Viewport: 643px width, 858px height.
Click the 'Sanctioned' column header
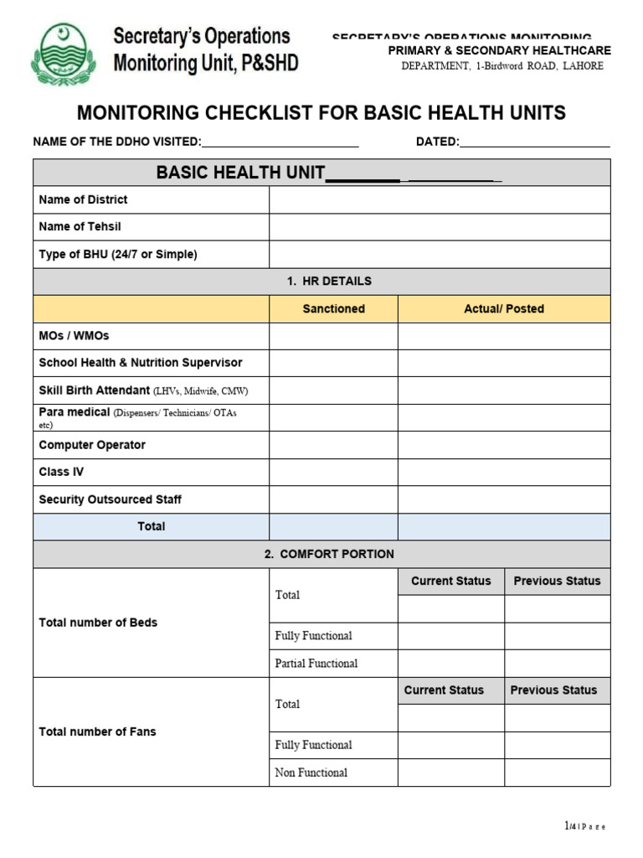pos(333,309)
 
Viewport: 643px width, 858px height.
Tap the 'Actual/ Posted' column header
pos(504,309)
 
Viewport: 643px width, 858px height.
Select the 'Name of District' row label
pos(84,199)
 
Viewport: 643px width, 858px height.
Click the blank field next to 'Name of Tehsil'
pos(440,227)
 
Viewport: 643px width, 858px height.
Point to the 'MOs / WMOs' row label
pos(75,336)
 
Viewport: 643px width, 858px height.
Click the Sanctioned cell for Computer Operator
pos(333,445)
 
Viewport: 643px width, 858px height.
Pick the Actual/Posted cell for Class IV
pos(504,473)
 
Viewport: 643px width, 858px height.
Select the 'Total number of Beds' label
pos(98,623)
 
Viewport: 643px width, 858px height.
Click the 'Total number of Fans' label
pos(97,731)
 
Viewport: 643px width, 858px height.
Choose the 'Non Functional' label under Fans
pos(311,773)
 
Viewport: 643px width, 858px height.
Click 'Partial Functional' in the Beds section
pos(316,664)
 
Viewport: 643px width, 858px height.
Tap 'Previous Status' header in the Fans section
pos(553,690)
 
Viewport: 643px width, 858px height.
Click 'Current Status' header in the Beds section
pos(450,581)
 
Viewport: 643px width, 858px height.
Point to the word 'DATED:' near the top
pos(438,142)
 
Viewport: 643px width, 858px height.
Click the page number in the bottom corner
pos(584,826)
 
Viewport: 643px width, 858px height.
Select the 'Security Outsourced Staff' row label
pos(111,499)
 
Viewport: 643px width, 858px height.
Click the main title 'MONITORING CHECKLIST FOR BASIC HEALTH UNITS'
pos(321,113)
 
